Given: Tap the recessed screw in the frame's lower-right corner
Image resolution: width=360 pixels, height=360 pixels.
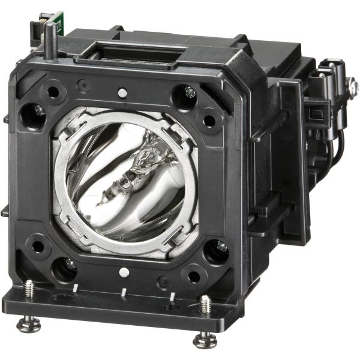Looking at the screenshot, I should click(x=221, y=245).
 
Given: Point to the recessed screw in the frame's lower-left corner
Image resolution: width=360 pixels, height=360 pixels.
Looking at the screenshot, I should click(x=70, y=263).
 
